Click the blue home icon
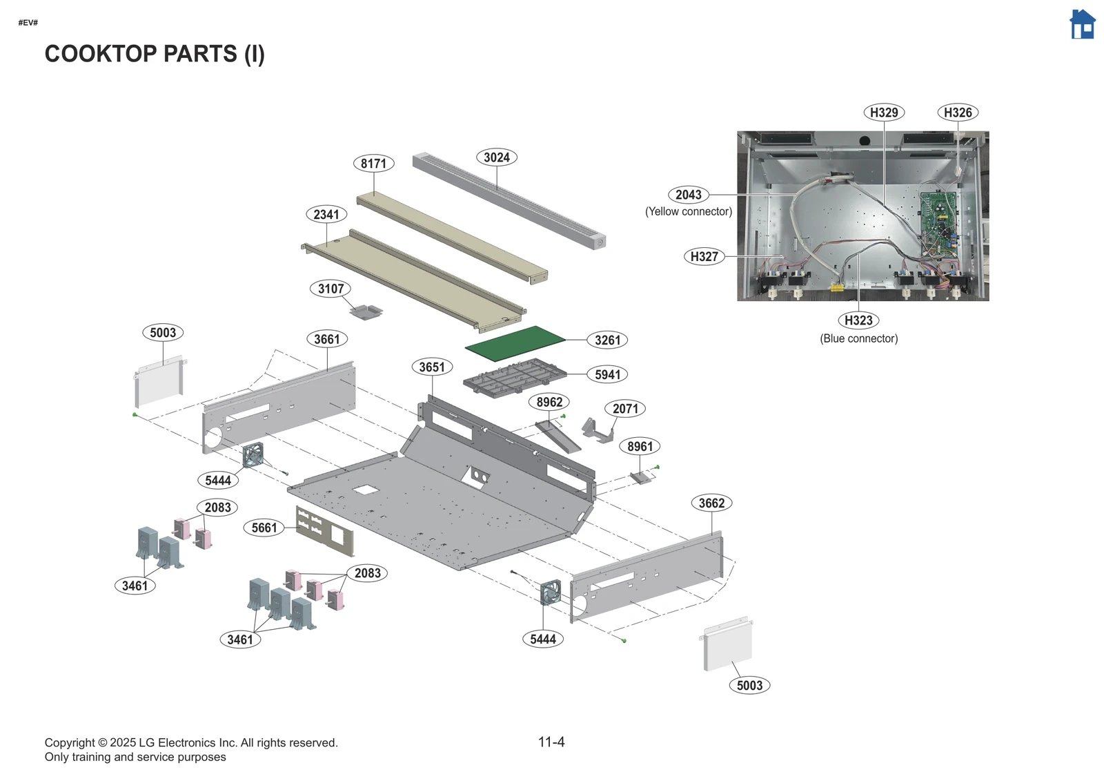click(1082, 25)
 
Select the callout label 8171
click(373, 164)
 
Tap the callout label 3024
click(496, 157)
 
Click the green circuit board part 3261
click(515, 343)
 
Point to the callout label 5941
click(607, 375)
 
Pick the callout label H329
click(884, 113)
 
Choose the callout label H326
click(958, 113)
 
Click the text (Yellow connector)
click(688, 211)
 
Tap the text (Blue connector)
click(858, 338)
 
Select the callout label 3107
click(331, 289)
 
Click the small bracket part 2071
click(597, 430)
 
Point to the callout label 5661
click(264, 528)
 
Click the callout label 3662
click(711, 503)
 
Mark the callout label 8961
click(640, 447)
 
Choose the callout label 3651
click(432, 367)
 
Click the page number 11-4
click(551, 742)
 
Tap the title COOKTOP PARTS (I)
click(155, 54)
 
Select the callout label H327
click(704, 257)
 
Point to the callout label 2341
click(326, 215)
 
